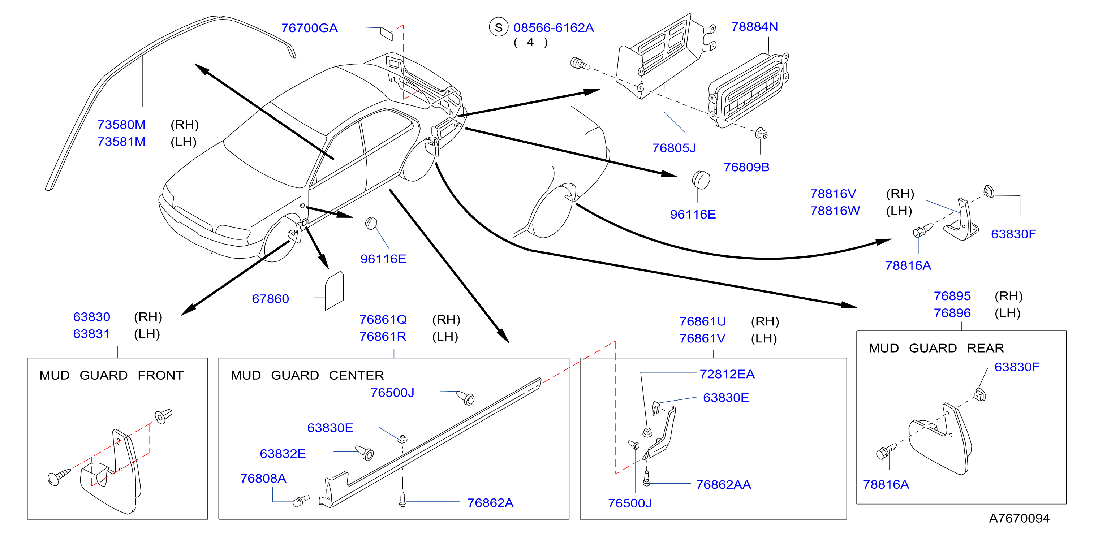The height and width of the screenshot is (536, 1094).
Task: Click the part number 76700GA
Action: click(x=309, y=28)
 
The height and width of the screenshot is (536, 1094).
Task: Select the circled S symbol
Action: click(x=499, y=27)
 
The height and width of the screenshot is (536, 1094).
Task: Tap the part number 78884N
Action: click(x=754, y=27)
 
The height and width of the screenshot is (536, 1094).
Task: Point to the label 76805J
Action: click(x=674, y=148)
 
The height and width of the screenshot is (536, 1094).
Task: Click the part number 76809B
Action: click(x=746, y=167)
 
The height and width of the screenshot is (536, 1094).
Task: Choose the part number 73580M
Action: click(x=121, y=125)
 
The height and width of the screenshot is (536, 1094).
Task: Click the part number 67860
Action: click(x=270, y=299)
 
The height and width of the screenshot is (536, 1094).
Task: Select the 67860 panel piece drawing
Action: click(x=334, y=290)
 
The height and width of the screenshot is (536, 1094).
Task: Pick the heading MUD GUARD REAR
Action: click(x=936, y=348)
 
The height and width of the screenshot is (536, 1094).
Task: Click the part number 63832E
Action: click(x=283, y=454)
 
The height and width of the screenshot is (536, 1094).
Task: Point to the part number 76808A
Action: click(x=263, y=478)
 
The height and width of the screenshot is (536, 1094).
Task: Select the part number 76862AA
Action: click(x=723, y=484)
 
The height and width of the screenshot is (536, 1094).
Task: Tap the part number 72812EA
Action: click(x=727, y=374)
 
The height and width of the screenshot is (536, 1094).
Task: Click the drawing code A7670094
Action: click(x=1019, y=518)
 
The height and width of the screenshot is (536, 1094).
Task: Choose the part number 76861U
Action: click(x=702, y=321)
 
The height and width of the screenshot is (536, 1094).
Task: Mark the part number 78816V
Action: click(x=833, y=194)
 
